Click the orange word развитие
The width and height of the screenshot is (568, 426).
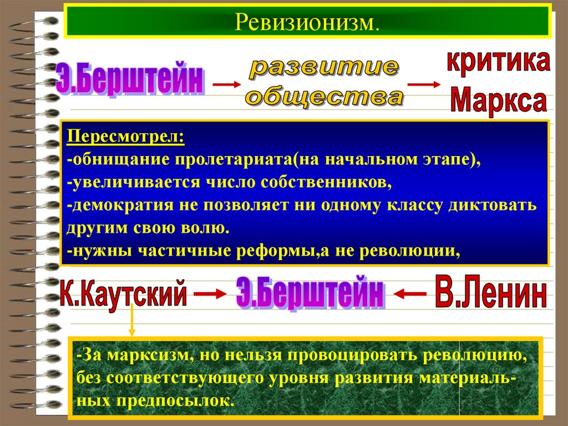323,69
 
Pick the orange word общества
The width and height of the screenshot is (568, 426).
324,98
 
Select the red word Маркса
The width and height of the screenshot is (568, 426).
498,101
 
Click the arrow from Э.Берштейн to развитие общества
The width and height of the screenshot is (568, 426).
227,84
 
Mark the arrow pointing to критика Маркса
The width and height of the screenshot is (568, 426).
424,84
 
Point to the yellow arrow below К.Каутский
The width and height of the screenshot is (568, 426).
132,322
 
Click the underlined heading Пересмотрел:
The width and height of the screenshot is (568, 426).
126,137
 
